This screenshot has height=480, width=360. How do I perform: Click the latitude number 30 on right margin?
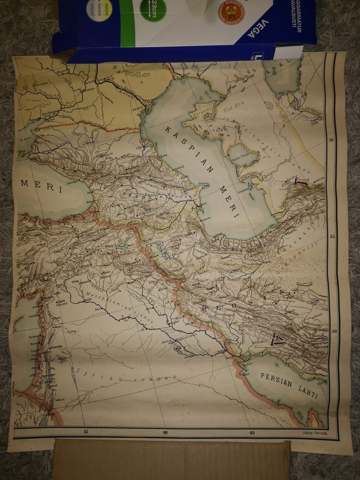[x=334, y=331]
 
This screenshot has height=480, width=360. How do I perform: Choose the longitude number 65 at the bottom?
[x=252, y=433]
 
